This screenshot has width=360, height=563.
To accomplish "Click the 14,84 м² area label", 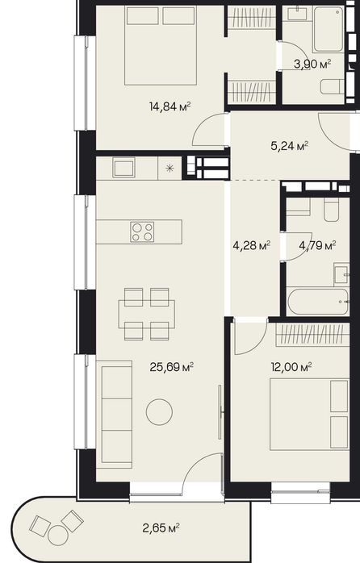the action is [170, 106].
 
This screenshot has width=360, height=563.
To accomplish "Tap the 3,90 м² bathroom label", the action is [312, 65].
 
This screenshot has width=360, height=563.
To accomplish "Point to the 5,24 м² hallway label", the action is [289, 146].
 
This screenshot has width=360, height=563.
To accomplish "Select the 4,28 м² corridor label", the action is [252, 246].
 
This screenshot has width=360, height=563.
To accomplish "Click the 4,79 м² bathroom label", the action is [317, 246].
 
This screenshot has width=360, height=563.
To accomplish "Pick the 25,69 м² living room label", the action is [172, 367].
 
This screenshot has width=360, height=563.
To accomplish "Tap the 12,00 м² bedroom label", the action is [291, 367].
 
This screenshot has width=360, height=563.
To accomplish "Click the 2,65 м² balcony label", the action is [161, 528].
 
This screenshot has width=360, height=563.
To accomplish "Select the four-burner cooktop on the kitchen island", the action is [142, 232].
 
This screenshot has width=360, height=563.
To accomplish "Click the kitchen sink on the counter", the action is [124, 167].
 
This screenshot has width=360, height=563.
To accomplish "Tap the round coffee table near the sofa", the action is [159, 412].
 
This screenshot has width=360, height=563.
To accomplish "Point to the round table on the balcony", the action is [58, 536].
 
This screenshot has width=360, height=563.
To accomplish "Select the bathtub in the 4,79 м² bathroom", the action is [318, 302].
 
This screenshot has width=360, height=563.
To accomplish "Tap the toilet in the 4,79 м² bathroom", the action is [331, 211].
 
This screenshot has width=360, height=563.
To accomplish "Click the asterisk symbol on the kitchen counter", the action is [170, 168].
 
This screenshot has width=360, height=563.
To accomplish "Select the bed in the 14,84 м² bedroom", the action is [161, 46].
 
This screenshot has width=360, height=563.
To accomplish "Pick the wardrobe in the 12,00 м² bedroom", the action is [312, 335].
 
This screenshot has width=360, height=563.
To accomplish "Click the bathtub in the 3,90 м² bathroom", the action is [329, 30].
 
